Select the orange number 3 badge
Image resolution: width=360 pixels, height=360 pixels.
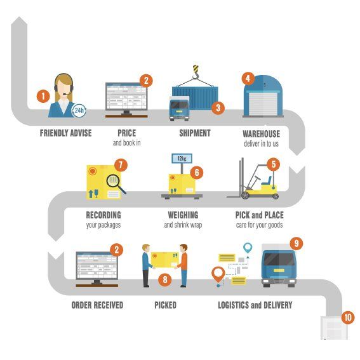(x=218, y=108)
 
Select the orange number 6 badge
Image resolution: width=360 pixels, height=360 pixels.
(x=197, y=172)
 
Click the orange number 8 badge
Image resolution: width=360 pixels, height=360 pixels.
(x=166, y=279)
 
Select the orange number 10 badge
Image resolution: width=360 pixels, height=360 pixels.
(x=347, y=317)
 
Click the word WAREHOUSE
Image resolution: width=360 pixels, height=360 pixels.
(x=261, y=134)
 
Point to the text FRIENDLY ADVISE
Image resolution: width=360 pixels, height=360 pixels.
(x=65, y=133)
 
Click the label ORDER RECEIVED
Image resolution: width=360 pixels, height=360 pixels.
(x=97, y=305)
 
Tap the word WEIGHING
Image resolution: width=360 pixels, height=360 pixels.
(x=182, y=215)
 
